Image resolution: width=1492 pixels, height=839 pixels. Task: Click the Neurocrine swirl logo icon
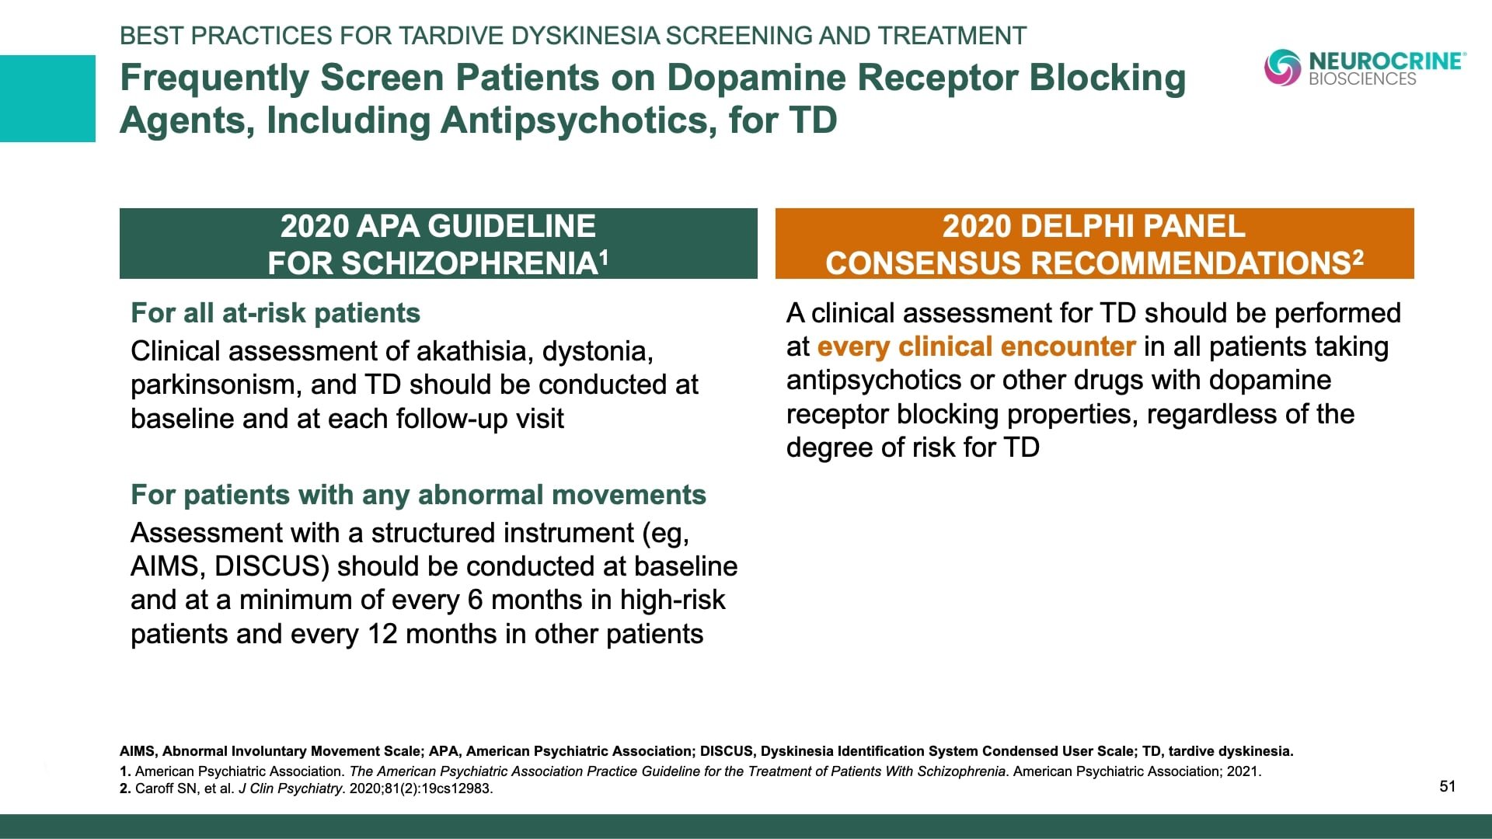point(1282,68)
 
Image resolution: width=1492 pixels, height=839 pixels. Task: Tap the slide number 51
point(1447,786)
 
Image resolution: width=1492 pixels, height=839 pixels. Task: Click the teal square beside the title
point(47,99)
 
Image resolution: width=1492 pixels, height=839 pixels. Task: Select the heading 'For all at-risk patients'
point(275,313)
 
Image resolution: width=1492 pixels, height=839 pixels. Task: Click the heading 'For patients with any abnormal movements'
point(418,495)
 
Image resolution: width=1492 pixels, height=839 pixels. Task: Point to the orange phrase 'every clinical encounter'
point(976,346)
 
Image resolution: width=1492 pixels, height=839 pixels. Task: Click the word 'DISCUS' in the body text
point(267,566)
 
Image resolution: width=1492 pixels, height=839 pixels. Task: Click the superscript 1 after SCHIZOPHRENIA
point(603,257)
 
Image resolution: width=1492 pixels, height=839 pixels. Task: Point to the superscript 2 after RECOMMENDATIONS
point(1358,257)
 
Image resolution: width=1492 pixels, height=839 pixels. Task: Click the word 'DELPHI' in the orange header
point(1072,226)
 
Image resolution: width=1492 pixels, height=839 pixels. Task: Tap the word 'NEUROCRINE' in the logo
point(1386,61)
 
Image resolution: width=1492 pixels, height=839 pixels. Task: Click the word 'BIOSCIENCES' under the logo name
point(1362,79)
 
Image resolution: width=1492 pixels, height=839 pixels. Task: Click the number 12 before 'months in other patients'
point(382,634)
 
